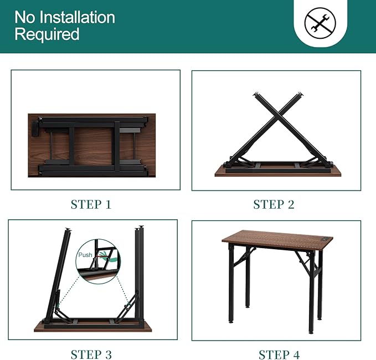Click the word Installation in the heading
click(77, 17)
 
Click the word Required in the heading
click(47, 34)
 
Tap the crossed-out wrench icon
click(320, 23)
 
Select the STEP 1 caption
click(91, 204)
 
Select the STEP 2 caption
click(274, 204)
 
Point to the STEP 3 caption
click(91, 354)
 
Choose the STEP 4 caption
click(279, 354)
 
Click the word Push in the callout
click(85, 255)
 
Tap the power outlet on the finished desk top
click(325, 239)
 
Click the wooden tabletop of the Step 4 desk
click(277, 240)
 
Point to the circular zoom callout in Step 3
click(98, 261)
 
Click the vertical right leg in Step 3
click(140, 276)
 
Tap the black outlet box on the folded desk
click(35, 129)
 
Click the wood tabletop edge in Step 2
click(277, 174)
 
